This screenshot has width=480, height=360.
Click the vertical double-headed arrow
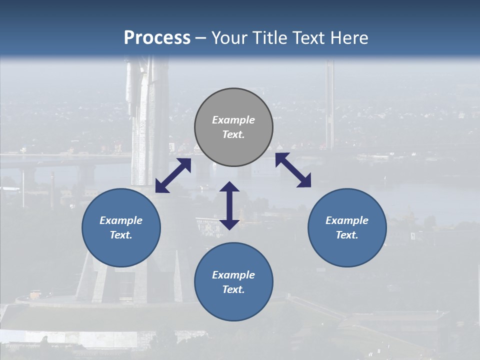[229, 205]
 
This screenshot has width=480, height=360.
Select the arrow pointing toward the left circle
[173, 175]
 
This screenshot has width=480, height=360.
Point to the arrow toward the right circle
[293, 170]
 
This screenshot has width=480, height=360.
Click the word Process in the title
[157, 37]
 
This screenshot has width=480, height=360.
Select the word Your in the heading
[230, 37]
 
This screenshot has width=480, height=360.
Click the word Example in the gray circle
[233, 120]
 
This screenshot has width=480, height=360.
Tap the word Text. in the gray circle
[233, 134]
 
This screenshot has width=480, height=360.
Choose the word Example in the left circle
[121, 220]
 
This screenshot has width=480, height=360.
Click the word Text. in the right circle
[347, 235]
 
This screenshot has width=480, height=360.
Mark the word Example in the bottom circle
[233, 275]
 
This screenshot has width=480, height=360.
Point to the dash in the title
[201, 38]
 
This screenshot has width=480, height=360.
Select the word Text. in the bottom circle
[233, 289]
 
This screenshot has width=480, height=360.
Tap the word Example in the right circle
[347, 220]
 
